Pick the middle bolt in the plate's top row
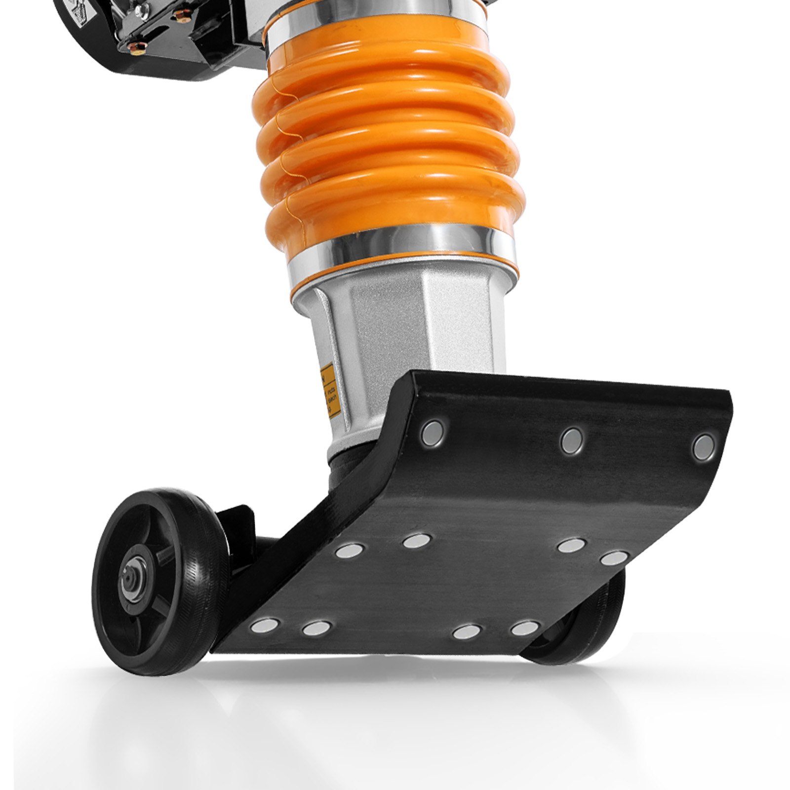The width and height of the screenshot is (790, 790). coord(572,439)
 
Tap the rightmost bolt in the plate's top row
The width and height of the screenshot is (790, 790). coord(703,447)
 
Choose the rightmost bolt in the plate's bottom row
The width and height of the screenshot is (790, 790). coord(524,629)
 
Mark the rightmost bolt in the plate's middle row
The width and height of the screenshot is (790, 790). coord(614,558)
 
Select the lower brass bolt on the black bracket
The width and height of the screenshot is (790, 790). coord(134,47)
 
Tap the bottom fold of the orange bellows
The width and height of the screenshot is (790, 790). coord(395,217)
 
